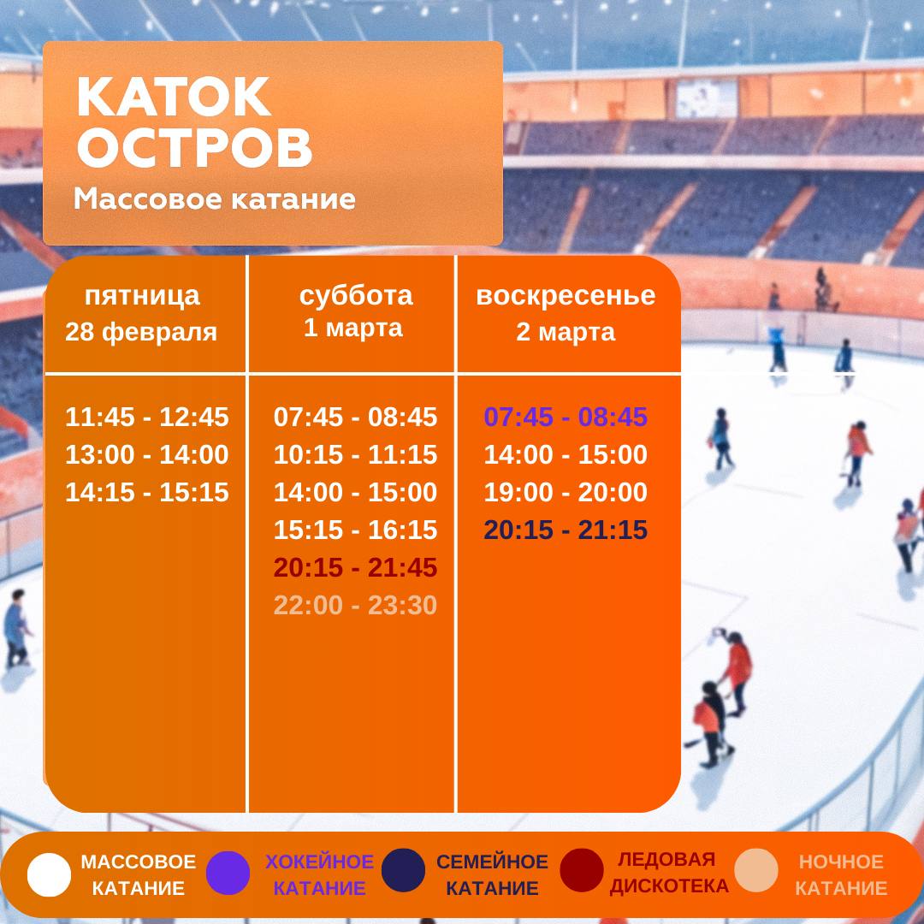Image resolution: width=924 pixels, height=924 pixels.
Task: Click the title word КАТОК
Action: point(174,98)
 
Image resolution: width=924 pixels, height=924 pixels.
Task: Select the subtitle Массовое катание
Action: point(214,199)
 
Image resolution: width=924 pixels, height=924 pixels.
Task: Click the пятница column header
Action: point(142,296)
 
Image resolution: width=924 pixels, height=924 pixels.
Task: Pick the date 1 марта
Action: point(352,329)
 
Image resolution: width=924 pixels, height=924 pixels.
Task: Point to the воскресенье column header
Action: point(566,296)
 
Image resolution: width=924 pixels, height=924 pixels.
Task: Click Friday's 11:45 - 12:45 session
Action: point(147,418)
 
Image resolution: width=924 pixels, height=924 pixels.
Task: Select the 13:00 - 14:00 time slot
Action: point(147,455)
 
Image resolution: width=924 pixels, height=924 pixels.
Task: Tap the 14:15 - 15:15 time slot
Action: point(147,493)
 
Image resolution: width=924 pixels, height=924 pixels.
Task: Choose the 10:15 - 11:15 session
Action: point(355,455)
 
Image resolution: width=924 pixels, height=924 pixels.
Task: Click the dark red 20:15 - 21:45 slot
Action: point(355,568)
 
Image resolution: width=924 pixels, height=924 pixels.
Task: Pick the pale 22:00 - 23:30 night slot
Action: point(355,606)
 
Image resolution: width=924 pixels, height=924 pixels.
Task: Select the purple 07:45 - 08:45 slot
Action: point(566,418)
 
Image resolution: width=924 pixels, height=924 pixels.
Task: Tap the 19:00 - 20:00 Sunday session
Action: point(566,493)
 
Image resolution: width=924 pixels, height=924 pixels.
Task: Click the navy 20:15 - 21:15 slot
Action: point(566,530)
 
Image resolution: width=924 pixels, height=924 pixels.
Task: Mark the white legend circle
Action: point(49,874)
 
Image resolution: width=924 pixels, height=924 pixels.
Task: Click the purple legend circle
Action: point(228,874)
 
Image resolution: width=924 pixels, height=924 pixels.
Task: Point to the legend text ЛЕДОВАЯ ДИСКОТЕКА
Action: point(668,873)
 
